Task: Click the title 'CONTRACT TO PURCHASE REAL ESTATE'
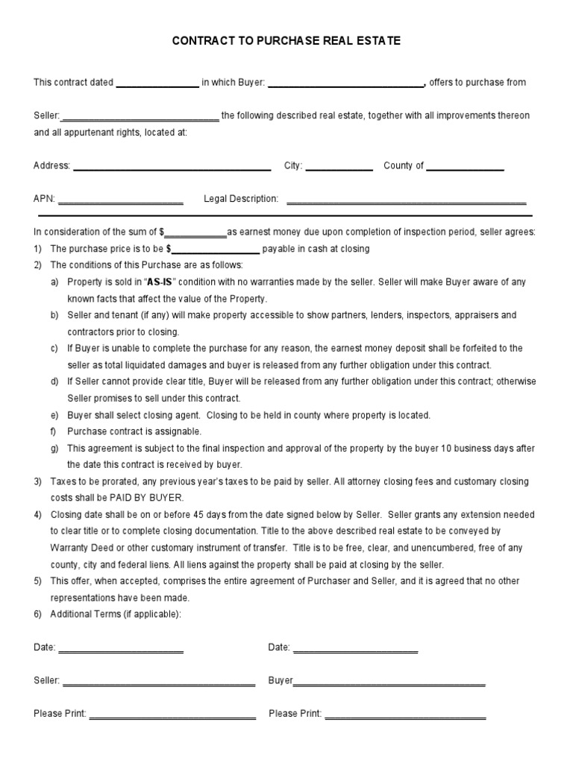point(286,42)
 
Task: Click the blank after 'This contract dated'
point(157,84)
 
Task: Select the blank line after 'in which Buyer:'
point(345,84)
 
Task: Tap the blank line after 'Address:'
point(172,168)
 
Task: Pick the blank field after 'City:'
point(339,168)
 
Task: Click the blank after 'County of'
point(465,168)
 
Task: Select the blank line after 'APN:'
point(120,200)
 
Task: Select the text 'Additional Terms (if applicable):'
point(116,614)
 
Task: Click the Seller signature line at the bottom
point(159,683)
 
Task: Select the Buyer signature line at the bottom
point(389,683)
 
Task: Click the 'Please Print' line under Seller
point(172,715)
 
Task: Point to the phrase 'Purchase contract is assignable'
point(134,431)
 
